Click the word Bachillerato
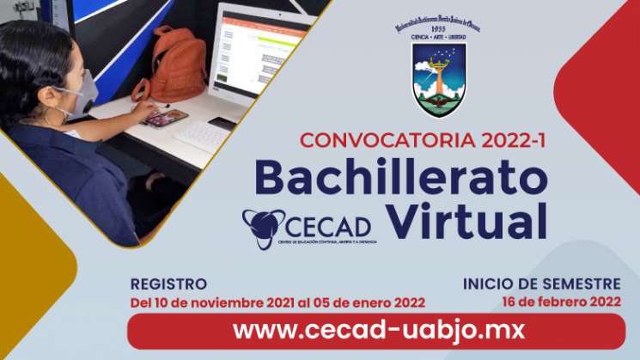click(x=400, y=178)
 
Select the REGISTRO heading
click(x=168, y=284)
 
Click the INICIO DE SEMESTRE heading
click(x=541, y=284)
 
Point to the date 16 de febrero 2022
click(x=562, y=301)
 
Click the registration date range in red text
click(x=277, y=303)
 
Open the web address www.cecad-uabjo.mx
click(x=378, y=330)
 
